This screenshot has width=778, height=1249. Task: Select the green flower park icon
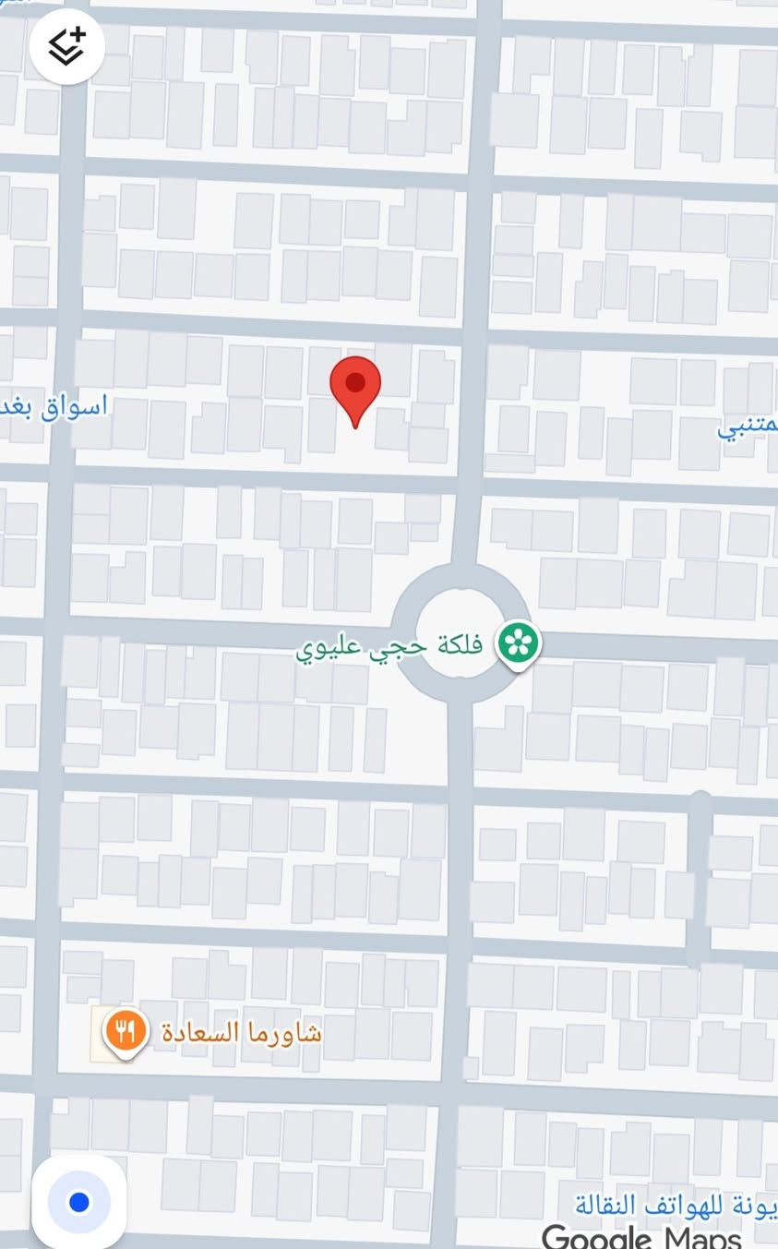518,643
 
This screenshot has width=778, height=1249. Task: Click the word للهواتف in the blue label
663,1204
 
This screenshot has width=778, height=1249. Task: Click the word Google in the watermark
596,1237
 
